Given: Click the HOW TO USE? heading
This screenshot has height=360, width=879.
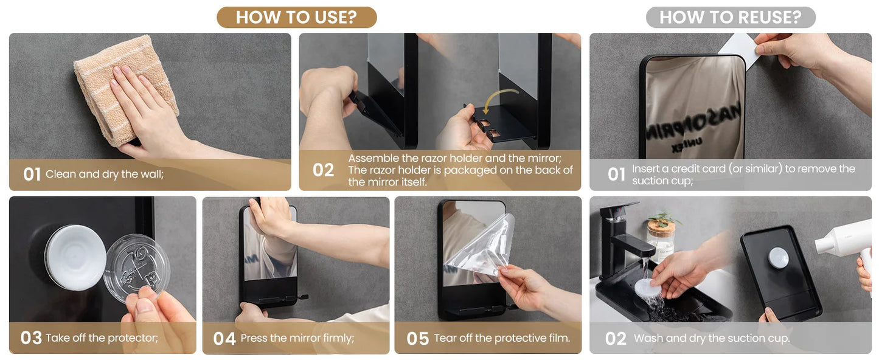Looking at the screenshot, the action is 296,17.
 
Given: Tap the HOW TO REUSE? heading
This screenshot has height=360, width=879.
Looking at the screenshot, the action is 731,17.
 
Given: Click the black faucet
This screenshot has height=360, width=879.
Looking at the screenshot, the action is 620,239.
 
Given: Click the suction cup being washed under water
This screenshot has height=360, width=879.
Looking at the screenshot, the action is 648,288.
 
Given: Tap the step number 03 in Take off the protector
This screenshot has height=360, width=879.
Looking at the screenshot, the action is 31,337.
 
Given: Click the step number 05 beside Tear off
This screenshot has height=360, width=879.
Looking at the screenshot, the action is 417,339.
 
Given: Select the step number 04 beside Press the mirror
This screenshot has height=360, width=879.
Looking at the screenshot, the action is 224,339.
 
